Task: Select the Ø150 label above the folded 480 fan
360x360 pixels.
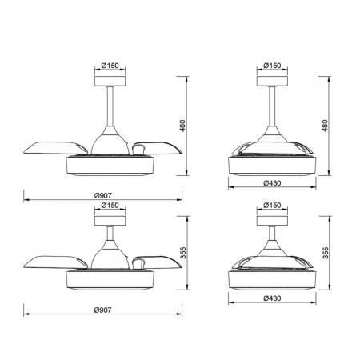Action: pos(273,65)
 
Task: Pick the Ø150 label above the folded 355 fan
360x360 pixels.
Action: pos(273,206)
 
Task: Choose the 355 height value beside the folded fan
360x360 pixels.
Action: pos(325,254)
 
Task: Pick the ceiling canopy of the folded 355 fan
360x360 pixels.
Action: pos(273,219)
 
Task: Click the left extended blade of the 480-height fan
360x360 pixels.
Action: pos(53,147)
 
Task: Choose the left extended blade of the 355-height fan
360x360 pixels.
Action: pos(53,261)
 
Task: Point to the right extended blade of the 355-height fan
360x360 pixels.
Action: pos(155,262)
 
